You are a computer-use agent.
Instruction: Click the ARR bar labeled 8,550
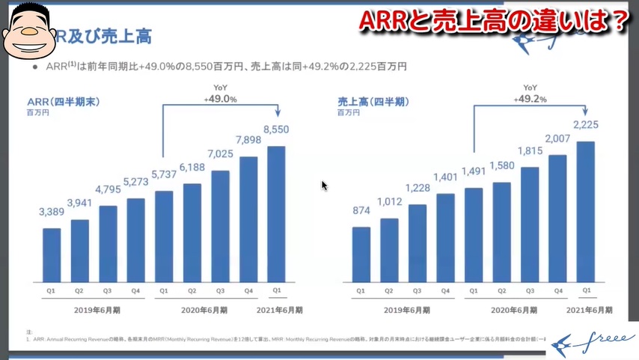tap(276, 211)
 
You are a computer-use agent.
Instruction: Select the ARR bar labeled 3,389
tap(52, 252)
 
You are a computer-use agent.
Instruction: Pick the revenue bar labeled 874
tap(361, 251)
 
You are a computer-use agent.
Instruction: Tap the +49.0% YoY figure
tap(221, 99)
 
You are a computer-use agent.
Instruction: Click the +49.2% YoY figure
tap(530, 99)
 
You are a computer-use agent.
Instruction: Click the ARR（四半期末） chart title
tap(64, 102)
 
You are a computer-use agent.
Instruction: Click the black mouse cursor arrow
tap(325, 186)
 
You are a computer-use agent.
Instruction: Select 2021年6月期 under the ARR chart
tap(276, 310)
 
